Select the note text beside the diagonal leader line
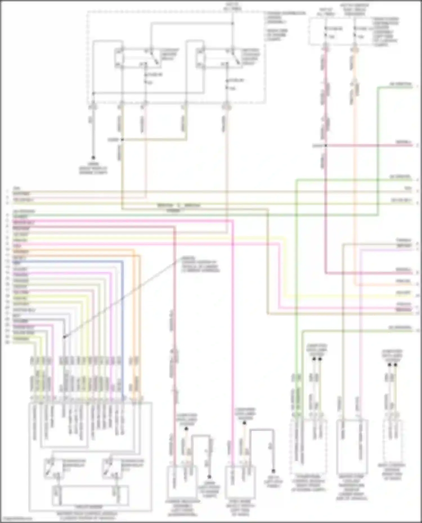[x=200, y=264]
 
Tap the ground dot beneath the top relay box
[x=93, y=158]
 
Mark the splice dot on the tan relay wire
[x=122, y=140]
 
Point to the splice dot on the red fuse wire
[x=326, y=146]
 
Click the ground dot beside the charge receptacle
[x=209, y=477]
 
